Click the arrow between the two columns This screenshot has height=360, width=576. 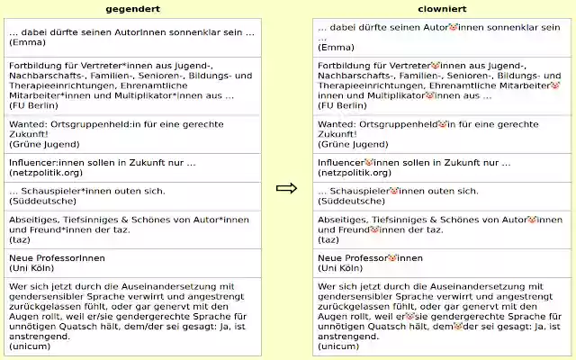pos(286,188)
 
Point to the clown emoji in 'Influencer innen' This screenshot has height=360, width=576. pos(368,163)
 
